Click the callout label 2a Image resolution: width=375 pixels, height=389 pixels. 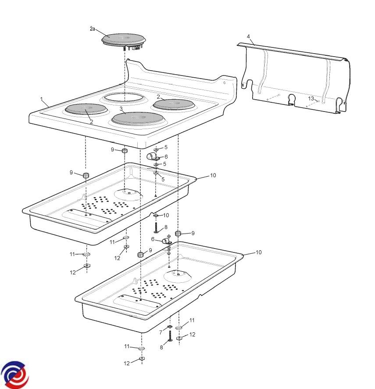point(92,29)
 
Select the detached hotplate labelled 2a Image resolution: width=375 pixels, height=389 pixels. point(123,41)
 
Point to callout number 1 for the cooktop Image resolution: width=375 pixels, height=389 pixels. point(42,99)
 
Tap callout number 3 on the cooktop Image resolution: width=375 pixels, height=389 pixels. point(121,108)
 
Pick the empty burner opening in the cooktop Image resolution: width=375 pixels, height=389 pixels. point(125,97)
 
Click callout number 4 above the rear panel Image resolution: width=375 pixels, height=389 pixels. point(248,37)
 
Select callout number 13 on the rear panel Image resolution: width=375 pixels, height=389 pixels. point(311,98)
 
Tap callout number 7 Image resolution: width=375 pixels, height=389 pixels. point(161,332)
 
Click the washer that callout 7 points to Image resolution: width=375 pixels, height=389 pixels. point(170,327)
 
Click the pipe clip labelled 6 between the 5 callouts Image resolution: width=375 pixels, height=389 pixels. point(152,157)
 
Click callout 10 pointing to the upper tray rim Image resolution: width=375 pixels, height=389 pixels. point(213,175)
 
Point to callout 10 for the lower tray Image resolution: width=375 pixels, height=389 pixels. point(258,252)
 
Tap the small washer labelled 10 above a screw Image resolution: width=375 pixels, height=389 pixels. point(156,215)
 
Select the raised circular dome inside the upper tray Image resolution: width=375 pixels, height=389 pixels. point(129,194)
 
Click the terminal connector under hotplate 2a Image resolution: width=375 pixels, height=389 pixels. point(136,47)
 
